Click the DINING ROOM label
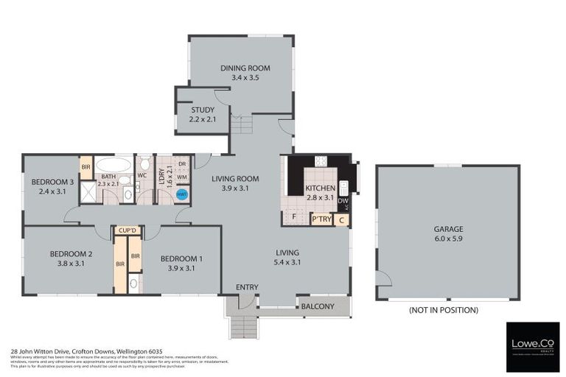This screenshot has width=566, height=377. click(x=245, y=68)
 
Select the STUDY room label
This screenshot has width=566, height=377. click(x=202, y=110)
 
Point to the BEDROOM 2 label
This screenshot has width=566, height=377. click(x=70, y=254)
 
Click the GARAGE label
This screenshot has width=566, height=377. click(x=448, y=229)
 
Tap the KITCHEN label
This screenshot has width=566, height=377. click(x=321, y=188)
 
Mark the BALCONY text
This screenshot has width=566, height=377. click(x=318, y=306)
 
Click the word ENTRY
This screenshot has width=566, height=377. click(x=247, y=286)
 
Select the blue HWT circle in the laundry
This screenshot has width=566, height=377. click(x=182, y=195)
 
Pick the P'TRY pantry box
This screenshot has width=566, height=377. click(x=321, y=219)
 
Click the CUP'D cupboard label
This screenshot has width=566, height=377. click(x=127, y=231)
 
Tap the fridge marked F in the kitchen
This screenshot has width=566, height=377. click(x=293, y=217)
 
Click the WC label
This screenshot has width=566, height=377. click(x=143, y=176)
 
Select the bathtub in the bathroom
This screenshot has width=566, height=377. click(x=113, y=164)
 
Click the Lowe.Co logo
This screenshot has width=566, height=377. click(x=532, y=346)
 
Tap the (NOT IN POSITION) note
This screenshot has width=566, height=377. click(x=443, y=310)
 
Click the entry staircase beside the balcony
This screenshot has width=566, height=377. click(x=243, y=324)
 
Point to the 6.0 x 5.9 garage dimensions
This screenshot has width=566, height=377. click(x=448, y=239)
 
